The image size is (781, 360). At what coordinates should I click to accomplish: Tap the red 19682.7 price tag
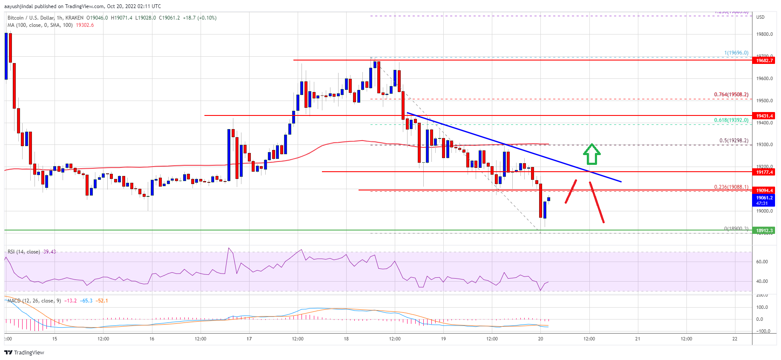coord(764,60)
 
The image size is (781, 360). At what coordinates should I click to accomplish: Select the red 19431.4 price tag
coord(764,116)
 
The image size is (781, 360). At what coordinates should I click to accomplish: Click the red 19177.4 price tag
coord(764,172)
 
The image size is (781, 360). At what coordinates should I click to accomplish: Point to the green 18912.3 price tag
coord(764,230)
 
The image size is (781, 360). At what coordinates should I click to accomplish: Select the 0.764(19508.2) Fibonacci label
coord(731,95)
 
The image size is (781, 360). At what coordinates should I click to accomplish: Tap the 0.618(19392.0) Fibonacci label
coord(731,120)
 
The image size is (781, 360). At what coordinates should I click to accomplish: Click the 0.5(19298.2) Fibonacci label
coord(733,141)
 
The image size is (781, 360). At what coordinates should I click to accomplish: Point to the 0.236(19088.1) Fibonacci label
coord(731,187)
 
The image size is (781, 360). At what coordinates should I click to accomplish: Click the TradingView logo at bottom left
coord(24,352)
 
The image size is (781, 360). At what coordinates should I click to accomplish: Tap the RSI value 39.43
coord(49,252)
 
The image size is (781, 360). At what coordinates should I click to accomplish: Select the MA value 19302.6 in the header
coord(85,25)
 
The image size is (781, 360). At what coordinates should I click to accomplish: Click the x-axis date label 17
coord(249,339)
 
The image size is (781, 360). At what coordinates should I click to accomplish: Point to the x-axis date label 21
coord(637,339)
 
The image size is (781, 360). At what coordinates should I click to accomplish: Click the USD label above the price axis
coord(760,17)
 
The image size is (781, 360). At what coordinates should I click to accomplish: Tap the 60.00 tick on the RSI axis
coord(762,262)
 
